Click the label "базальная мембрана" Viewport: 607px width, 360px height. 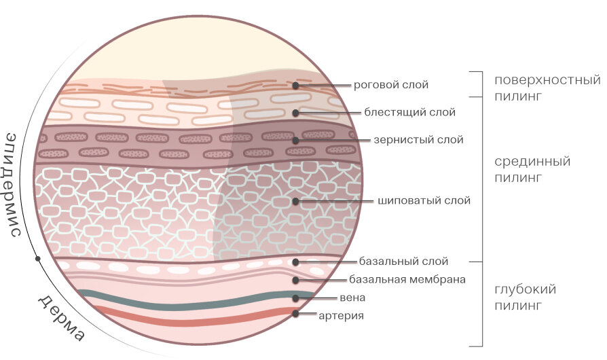[x=407, y=279]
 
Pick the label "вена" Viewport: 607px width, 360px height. [x=352, y=298]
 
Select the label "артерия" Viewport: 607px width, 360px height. [x=342, y=315]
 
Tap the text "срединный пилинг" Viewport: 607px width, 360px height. [x=532, y=170]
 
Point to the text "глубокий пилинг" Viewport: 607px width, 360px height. [x=526, y=298]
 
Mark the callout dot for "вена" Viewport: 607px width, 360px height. [x=296, y=298]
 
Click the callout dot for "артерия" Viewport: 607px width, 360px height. [x=296, y=313]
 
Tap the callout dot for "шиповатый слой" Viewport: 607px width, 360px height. [x=296, y=201]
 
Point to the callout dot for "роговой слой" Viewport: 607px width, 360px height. [x=296, y=86]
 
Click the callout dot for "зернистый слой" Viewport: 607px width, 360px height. [x=296, y=141]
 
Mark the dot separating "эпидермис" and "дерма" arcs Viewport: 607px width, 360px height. [x=37, y=259]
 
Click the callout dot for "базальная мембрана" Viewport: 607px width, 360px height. [x=296, y=279]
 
